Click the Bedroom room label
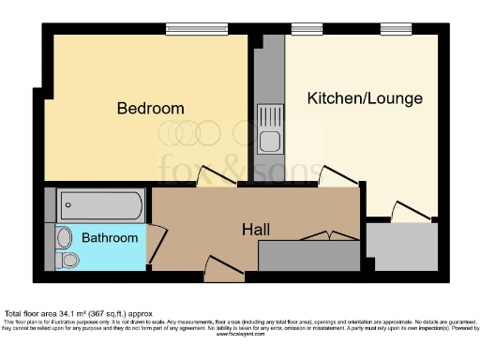coord(150,109)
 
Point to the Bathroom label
coord(110,238)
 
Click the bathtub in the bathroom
coord(99,203)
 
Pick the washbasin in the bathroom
coord(63,236)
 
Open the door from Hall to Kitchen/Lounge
coord(337,175)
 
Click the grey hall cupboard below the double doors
coord(307,255)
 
